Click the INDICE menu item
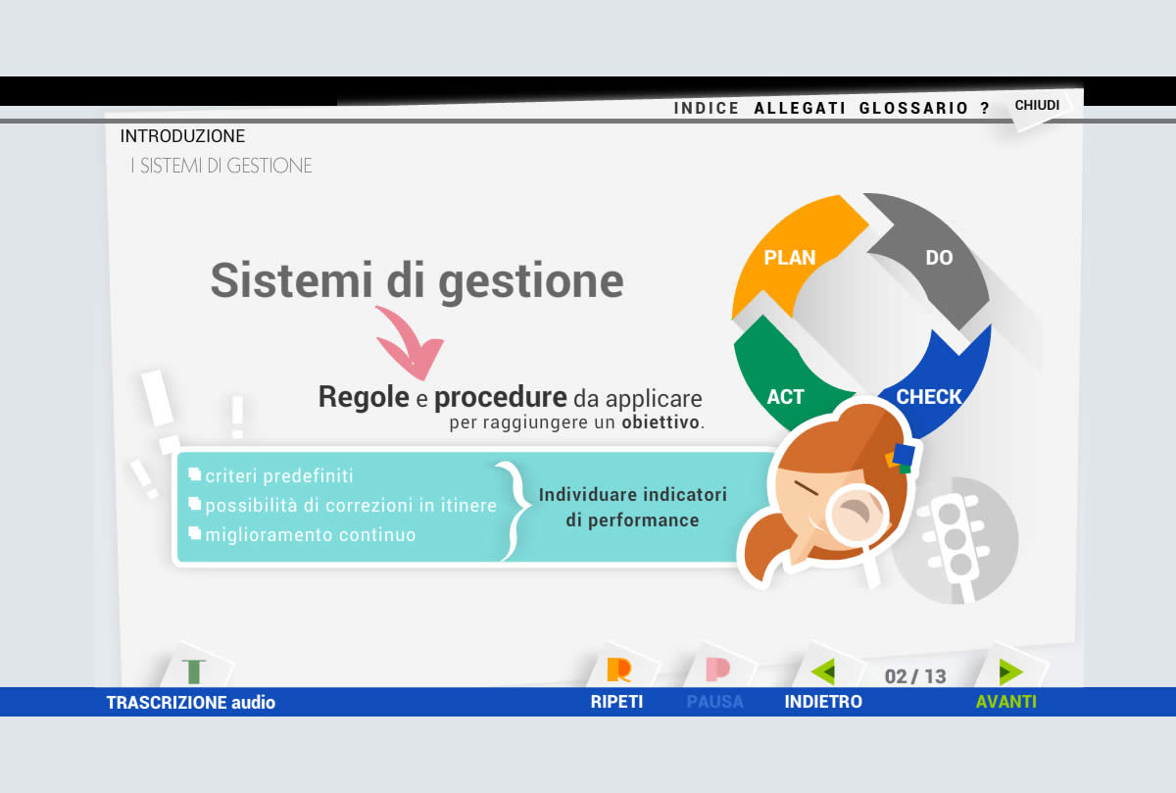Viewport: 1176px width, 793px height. (707, 108)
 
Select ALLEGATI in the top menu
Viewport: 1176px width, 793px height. (800, 108)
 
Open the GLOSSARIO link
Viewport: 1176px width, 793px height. (913, 108)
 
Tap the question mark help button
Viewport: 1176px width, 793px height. (985, 108)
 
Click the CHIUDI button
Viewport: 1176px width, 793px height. (1037, 105)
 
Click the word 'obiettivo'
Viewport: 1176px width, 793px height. (661, 422)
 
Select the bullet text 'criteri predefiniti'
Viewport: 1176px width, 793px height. (278, 475)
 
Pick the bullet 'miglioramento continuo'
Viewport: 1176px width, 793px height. (311, 534)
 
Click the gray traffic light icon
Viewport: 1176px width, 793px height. (956, 541)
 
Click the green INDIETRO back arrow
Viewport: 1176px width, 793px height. (823, 671)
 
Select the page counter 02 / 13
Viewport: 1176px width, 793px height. (915, 676)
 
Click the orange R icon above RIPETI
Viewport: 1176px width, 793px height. (619, 669)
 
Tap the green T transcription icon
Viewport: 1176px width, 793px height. (194, 671)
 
